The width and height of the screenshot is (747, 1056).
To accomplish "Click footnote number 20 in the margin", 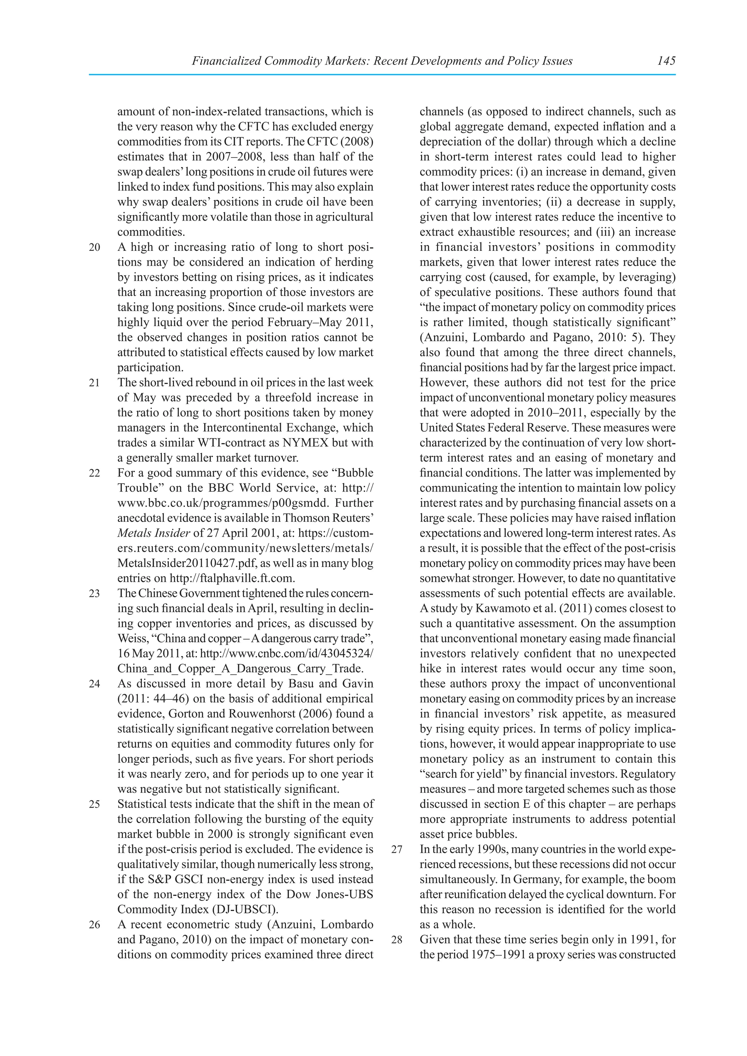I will coord(94,248).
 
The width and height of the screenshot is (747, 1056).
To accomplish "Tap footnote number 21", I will coord(94,383).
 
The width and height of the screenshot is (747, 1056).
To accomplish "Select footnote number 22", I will coord(94,473).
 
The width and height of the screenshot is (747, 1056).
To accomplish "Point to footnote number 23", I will coord(94,593).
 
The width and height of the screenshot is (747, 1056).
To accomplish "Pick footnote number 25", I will coord(94,804).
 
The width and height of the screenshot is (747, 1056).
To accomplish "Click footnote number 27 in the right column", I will coord(396,850).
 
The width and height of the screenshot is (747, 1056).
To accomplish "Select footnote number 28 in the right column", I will coord(396,940).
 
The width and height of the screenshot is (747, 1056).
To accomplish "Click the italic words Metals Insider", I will coord(154,533).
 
